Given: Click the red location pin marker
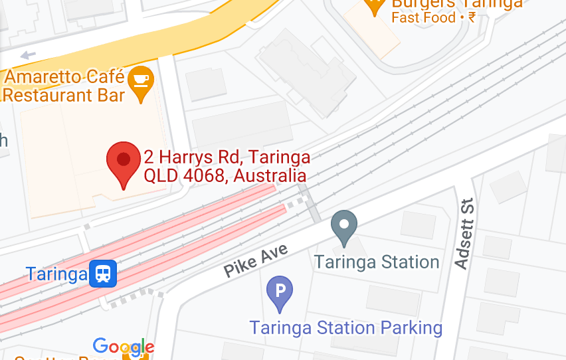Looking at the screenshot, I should (x=124, y=163).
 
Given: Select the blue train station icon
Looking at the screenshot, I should (x=103, y=273).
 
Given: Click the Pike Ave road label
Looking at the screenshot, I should (x=256, y=260).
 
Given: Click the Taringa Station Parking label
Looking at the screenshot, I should (x=345, y=327).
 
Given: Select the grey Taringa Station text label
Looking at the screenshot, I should (x=377, y=262).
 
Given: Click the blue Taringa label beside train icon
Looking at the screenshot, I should (x=56, y=274).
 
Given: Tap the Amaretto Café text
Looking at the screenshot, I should (x=64, y=76).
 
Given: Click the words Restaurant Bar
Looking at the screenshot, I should (x=64, y=95).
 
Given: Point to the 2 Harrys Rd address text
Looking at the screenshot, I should (x=227, y=158).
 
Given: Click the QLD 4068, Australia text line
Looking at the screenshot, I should (x=225, y=176).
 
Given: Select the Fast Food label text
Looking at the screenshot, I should (x=423, y=18).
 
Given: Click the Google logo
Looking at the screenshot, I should (x=124, y=347).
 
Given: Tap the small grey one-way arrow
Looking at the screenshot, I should (x=28, y=54).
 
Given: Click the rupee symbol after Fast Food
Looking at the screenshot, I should (x=472, y=18).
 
